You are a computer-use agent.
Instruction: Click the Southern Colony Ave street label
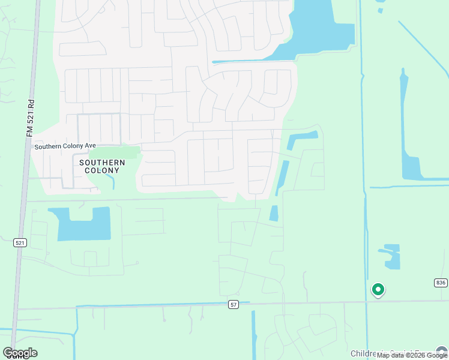pos(65,146)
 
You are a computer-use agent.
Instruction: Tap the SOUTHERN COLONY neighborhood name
pos(102,166)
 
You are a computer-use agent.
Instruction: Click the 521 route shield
pos(20,242)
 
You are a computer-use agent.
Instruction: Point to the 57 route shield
pos(234,305)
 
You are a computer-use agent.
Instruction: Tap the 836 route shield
pos(441,283)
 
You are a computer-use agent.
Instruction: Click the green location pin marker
pos(378,290)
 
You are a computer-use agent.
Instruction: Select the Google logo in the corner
pos(20,353)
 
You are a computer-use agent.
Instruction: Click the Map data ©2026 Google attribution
pos(412,355)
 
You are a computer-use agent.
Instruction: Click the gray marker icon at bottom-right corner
pos(442,352)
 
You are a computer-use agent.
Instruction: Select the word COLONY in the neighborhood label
pos(102,170)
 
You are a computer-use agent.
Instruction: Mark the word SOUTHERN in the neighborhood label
pos(102,163)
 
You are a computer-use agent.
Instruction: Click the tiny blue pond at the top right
pos(381,10)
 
